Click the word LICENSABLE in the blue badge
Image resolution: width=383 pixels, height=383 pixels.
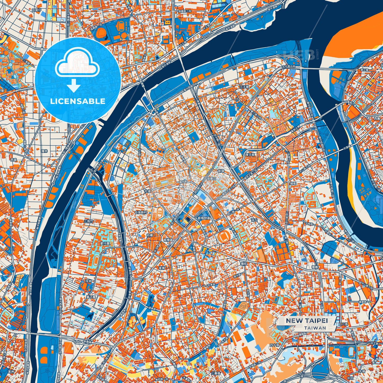pyautogui.click(x=78, y=101)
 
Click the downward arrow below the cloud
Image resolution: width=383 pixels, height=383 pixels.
pyautogui.click(x=74, y=86)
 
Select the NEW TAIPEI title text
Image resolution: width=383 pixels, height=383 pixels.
pyautogui.click(x=306, y=320)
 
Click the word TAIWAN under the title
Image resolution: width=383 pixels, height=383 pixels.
pyautogui.click(x=315, y=328)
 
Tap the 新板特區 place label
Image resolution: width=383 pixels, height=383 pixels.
pyautogui.click(x=204, y=218)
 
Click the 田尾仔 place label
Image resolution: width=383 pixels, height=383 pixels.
pyautogui.click(x=37, y=10)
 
